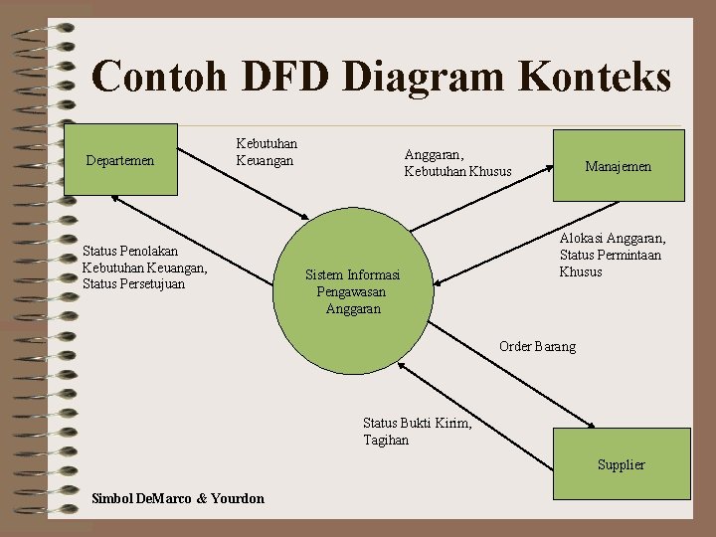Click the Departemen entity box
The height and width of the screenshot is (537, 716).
(x=120, y=159)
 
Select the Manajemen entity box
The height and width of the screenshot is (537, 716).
(x=619, y=166)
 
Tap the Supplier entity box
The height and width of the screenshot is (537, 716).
(x=621, y=463)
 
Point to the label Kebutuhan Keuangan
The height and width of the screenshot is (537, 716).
(x=266, y=151)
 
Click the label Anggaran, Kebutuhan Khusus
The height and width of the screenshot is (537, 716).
(x=457, y=163)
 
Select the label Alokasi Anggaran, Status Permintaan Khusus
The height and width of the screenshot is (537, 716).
(x=612, y=255)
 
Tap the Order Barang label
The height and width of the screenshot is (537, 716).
(x=537, y=346)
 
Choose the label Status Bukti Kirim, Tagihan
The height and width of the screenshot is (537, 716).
(x=417, y=432)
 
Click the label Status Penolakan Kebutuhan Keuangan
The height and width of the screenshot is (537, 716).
(x=145, y=268)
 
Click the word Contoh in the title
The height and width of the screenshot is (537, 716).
(x=152, y=77)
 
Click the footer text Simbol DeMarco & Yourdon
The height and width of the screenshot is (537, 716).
(x=177, y=498)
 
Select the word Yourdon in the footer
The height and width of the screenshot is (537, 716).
(x=239, y=498)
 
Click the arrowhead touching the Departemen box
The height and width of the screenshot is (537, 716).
(x=115, y=198)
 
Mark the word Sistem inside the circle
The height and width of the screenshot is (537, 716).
(x=323, y=275)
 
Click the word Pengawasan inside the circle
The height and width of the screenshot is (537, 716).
(x=351, y=292)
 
